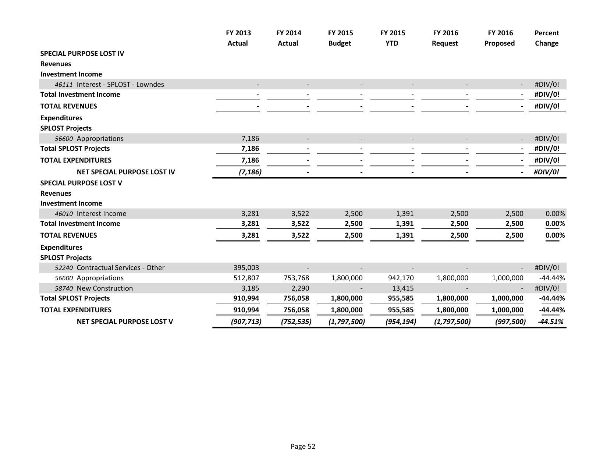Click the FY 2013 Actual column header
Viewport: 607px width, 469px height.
pos(238,38)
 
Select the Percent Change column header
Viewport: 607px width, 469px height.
pos(546,38)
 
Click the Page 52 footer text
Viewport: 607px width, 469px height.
pos(303,446)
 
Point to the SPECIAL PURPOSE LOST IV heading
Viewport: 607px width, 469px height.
pos(82,53)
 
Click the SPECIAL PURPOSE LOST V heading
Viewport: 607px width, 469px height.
pos(81,183)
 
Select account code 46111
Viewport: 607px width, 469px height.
pos(63,85)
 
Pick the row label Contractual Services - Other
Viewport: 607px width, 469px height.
pos(120,267)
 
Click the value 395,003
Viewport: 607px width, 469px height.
pos(246,267)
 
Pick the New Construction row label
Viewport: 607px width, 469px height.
pos(104,288)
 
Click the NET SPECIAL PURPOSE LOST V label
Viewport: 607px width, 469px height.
pos(125,321)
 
